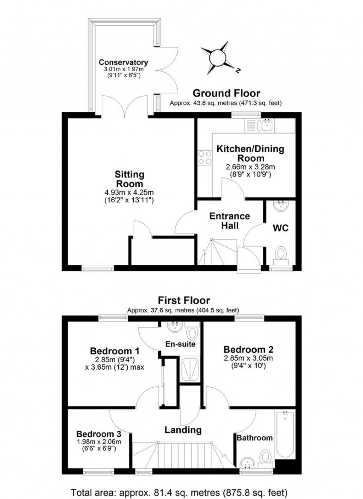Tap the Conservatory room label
click(123, 63)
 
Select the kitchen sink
click(259, 125)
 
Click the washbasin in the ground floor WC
click(280, 206)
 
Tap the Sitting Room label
click(129, 179)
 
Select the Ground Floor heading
click(226, 93)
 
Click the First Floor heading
click(184, 300)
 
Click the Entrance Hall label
click(230, 221)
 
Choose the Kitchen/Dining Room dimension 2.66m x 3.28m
click(250, 167)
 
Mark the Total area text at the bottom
click(179, 492)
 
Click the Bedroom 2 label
click(248, 349)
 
